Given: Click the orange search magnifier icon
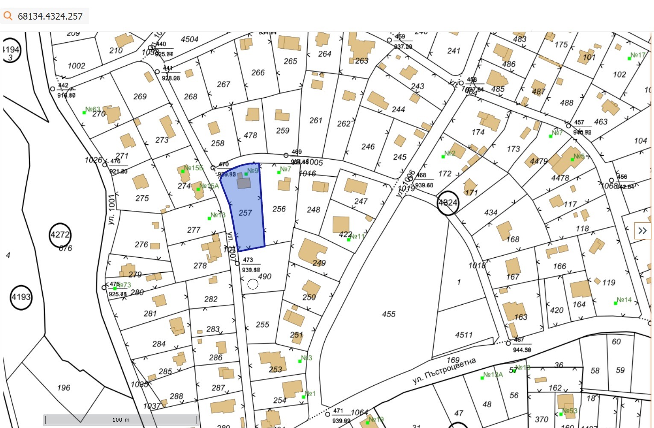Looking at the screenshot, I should point(8,16).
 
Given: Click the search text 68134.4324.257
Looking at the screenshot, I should point(50,16).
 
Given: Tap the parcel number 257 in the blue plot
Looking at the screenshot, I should point(245,213).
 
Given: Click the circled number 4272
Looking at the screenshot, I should point(60,235).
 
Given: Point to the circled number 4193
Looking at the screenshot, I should point(21,297).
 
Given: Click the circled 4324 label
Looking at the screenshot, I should point(448,203).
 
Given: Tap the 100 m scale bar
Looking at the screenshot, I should point(121,419).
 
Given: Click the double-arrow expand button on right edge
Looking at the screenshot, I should point(642,231).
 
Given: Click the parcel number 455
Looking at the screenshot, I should point(389,314).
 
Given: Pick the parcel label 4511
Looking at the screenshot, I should point(464,335).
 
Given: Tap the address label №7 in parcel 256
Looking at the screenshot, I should point(285,169).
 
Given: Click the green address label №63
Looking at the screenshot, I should point(92,109).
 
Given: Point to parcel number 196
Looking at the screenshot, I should point(64,387).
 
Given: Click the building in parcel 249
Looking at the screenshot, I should point(312,251).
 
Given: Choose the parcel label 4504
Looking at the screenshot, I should point(189,39).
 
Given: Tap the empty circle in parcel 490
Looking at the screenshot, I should point(253,284).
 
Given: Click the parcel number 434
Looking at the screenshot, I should point(491,212).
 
